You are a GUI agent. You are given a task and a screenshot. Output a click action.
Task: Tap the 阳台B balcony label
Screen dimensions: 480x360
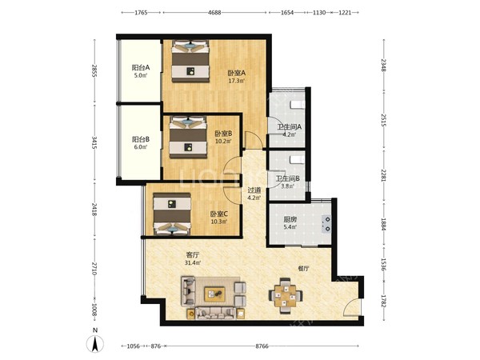coord(141,139)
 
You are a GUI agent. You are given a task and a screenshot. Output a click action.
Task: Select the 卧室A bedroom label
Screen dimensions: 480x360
coord(237,73)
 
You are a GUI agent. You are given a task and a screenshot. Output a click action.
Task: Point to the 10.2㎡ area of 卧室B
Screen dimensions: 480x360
coord(223,142)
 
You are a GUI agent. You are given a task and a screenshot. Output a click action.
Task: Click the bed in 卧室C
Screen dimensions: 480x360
coord(172,214)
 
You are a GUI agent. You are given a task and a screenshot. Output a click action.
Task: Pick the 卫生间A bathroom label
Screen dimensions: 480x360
coord(290,126)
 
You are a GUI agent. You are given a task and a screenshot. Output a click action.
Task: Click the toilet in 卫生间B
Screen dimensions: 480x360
coord(298,160)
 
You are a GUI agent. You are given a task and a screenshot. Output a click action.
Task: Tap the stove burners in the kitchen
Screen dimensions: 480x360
coord(326,224)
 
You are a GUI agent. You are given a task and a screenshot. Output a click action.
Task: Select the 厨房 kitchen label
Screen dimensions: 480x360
coord(290,219)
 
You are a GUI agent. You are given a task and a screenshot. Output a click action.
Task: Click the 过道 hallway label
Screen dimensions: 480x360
coord(254,190)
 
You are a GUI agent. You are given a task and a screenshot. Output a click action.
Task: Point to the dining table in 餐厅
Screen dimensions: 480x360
coord(286,296)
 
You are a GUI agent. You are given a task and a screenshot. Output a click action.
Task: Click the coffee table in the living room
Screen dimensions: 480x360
coord(214,294)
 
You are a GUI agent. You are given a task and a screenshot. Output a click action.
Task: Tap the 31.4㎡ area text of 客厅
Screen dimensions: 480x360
coord(193,263)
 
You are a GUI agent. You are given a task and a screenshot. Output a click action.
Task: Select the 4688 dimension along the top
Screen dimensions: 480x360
coord(214,13)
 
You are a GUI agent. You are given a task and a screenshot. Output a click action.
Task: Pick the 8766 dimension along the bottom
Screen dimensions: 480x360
coord(262,346)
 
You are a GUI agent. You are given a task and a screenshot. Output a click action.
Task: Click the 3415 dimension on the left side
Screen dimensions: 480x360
coord(94,142)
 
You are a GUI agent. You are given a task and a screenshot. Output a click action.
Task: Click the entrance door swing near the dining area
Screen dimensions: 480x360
coord(351,306)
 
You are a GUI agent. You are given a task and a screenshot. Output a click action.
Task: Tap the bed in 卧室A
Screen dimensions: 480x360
coord(190,62)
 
